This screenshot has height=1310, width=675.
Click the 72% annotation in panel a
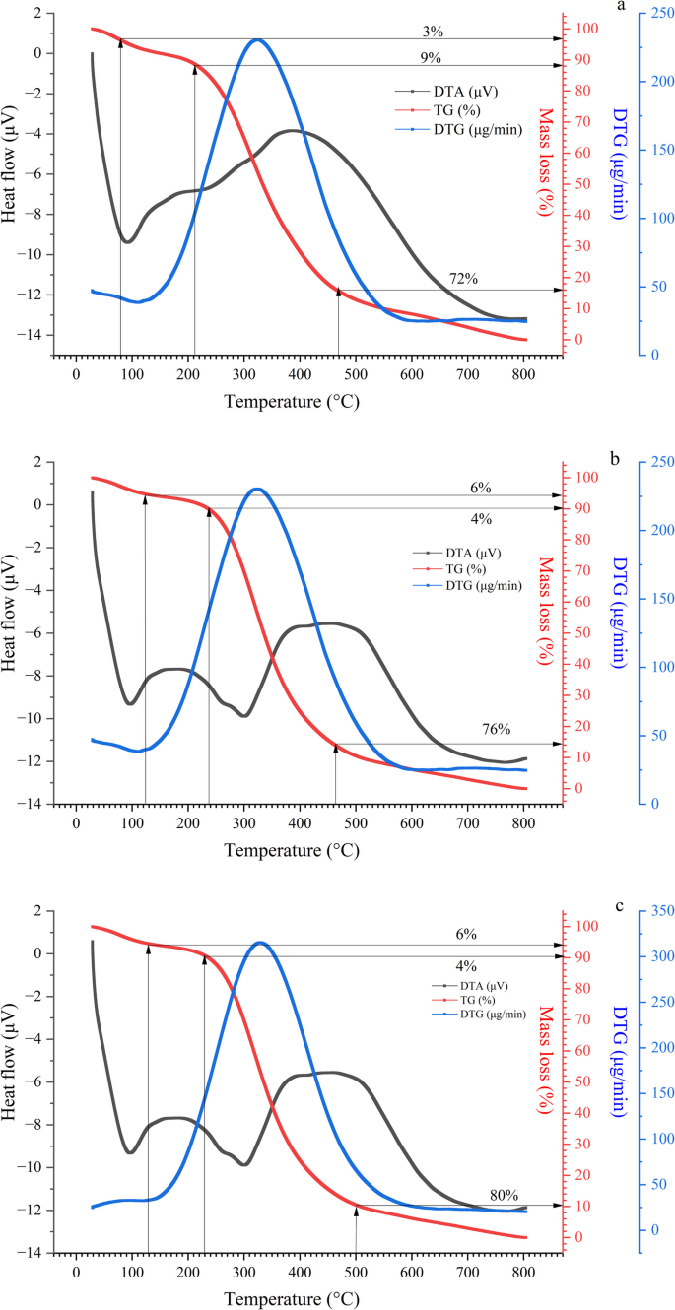pyautogui.click(x=464, y=280)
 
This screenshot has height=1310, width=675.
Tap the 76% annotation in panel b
pyautogui.click(x=497, y=730)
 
